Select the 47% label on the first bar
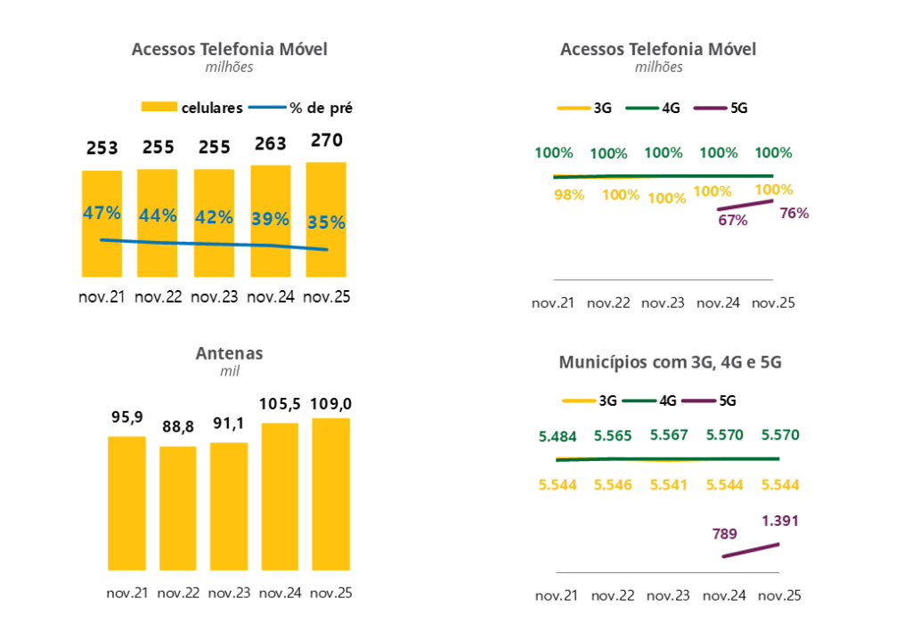point(102,214)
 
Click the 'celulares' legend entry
point(211,108)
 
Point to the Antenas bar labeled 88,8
point(178,507)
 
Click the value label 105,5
point(280,406)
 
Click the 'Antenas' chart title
point(229,353)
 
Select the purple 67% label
point(732,220)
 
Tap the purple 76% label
point(794,213)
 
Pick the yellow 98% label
point(568,195)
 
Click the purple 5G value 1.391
point(780,521)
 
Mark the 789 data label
point(724,534)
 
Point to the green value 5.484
point(558,436)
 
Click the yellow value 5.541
point(669,485)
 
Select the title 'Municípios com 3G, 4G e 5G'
point(670,362)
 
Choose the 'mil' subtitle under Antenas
point(230,371)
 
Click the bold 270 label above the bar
point(325,141)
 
